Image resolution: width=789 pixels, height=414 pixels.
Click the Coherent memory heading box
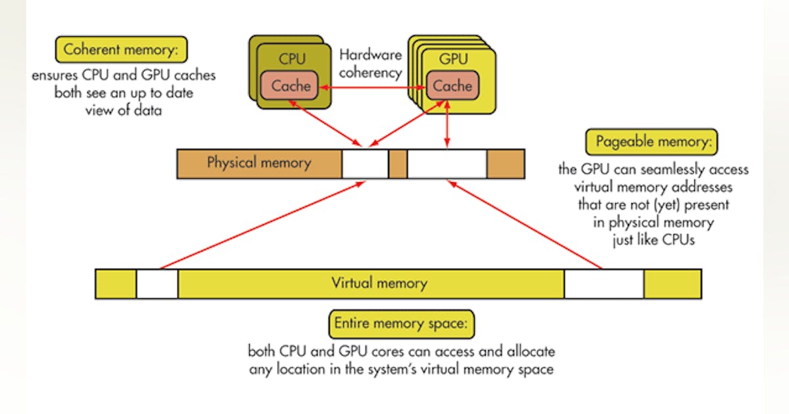pyautogui.click(x=122, y=49)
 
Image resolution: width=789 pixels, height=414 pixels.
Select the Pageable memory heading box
pyautogui.click(x=651, y=142)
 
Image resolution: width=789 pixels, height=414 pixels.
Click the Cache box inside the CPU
pyautogui.click(x=290, y=86)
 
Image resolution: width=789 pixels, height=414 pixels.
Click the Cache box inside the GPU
pyautogui.click(x=452, y=86)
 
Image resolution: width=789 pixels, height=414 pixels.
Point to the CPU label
pyautogui.click(x=292, y=58)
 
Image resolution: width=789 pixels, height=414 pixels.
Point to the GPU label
pyautogui.click(x=454, y=58)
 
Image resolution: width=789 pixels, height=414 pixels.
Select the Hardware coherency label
pyautogui.click(x=371, y=64)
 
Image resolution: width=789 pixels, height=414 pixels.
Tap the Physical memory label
pyautogui.click(x=258, y=163)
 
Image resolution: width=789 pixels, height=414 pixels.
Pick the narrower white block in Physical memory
pyautogui.click(x=365, y=164)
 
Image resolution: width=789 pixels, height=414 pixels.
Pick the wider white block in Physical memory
pyautogui.click(x=447, y=164)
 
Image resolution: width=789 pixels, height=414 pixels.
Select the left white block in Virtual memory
pyautogui.click(x=157, y=284)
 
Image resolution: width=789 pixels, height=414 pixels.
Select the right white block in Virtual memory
pyautogui.click(x=604, y=284)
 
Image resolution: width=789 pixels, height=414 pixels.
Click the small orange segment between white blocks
pyautogui.click(x=398, y=164)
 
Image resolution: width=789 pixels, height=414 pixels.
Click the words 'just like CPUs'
pyautogui.click(x=653, y=239)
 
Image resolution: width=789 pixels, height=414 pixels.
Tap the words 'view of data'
pyautogui.click(x=124, y=110)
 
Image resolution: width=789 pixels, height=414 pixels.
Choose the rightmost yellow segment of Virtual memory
pyautogui.click(x=672, y=284)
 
